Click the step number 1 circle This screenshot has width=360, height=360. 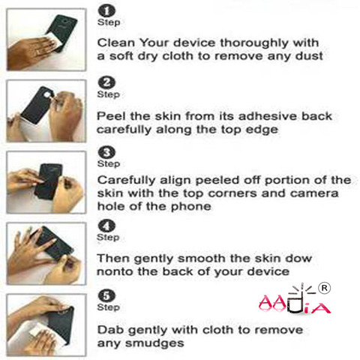(106, 11)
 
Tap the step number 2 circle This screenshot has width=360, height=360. (106, 82)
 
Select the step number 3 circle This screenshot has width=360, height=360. (106, 152)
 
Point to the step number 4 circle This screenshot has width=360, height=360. (106, 226)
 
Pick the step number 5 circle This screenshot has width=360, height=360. (106, 295)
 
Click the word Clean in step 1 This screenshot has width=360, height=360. (116, 43)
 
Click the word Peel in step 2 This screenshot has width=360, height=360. (112, 116)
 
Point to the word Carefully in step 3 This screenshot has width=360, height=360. (127, 180)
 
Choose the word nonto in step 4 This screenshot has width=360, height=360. (115, 271)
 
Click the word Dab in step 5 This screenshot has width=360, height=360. (110, 330)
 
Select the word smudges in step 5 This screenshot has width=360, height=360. (154, 343)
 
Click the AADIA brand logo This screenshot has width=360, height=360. (295, 299)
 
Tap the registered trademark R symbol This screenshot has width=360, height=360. (324, 288)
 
